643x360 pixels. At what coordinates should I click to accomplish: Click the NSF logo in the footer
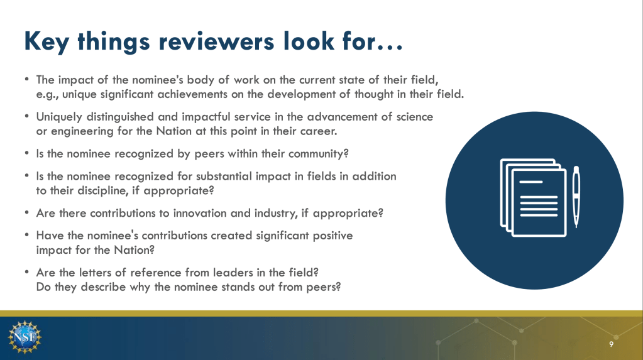25,337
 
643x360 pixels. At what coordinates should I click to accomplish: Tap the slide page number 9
611,344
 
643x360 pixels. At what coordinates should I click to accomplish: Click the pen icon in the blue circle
576,197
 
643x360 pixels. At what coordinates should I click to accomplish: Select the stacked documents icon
534,198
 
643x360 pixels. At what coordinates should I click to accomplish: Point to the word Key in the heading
47,42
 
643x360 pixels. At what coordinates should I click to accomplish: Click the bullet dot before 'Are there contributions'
26,212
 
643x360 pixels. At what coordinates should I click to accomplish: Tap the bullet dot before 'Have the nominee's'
26,235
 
